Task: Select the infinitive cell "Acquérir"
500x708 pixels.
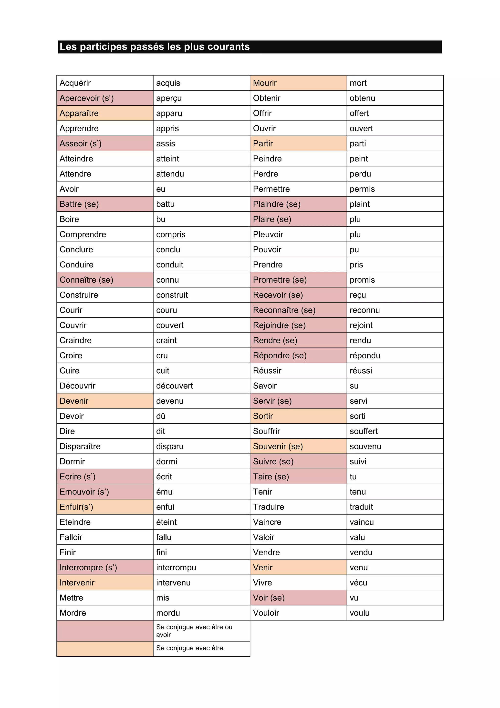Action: click(75, 83)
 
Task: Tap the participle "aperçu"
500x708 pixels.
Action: click(169, 98)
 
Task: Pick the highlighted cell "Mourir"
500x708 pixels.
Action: click(265, 83)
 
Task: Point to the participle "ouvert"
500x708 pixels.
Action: click(361, 128)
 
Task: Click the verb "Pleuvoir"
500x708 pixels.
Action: click(268, 234)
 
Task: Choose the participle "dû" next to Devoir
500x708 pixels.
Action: click(161, 416)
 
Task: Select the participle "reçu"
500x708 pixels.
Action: click(358, 295)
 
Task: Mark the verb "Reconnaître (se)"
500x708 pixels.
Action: click(284, 310)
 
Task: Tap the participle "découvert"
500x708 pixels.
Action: click(174, 386)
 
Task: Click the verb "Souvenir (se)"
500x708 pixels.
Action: click(278, 446)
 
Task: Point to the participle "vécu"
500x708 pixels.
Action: click(358, 583)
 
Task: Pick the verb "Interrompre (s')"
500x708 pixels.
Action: click(88, 567)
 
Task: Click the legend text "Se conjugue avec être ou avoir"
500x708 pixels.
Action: click(194, 631)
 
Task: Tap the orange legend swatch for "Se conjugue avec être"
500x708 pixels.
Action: click(105, 649)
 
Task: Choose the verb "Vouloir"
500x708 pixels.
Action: click(266, 613)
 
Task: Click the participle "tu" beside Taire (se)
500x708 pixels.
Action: click(353, 476)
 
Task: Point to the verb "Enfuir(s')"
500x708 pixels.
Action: click(76, 507)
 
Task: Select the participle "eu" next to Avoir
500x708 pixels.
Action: click(161, 189)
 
